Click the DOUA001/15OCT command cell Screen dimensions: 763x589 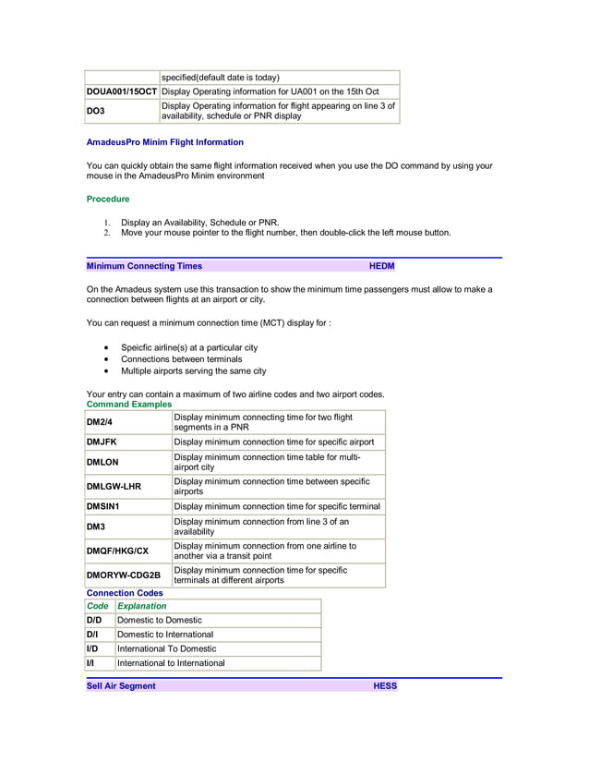(122, 91)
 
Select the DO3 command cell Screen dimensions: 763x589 (96, 111)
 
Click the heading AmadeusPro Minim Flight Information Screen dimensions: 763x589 (164, 142)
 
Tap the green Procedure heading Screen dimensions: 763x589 (108, 199)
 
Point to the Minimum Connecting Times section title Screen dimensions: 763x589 (144, 266)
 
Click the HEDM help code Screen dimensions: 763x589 (381, 266)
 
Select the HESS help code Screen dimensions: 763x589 (385, 686)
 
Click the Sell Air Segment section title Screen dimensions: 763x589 (121, 686)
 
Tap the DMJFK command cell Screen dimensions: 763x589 (102, 442)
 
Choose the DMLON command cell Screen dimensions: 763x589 (102, 462)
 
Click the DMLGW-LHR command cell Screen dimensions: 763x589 (114, 486)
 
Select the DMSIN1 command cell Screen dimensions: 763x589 (103, 506)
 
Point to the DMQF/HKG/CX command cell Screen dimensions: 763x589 (117, 551)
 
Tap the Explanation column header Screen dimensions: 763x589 (142, 606)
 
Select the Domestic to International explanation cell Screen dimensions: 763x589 (165, 635)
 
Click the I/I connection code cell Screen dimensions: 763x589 (90, 663)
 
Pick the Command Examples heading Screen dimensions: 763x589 (128, 404)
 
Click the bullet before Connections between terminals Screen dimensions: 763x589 (108, 359)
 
